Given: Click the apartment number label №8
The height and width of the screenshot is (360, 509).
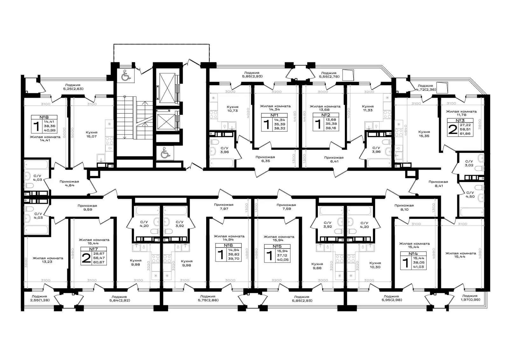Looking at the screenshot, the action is click(x=44, y=117).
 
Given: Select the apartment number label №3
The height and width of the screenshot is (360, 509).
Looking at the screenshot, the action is click(x=460, y=121).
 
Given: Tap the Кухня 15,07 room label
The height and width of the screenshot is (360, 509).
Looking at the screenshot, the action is click(x=92, y=134).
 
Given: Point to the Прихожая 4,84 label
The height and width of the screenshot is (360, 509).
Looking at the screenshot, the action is click(x=69, y=183).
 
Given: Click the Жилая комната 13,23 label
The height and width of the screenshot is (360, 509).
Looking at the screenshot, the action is click(x=48, y=260).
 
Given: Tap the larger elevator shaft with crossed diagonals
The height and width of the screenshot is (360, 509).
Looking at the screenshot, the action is click(x=167, y=88).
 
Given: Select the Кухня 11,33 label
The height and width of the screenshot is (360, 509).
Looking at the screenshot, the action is click(x=368, y=108).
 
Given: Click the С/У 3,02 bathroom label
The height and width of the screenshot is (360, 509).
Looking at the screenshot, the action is click(x=469, y=163).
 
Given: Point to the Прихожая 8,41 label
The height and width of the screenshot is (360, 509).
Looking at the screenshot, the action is click(x=438, y=184).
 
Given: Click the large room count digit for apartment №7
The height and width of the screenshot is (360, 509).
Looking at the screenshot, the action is click(x=86, y=258).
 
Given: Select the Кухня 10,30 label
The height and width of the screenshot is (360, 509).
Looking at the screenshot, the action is click(x=375, y=265).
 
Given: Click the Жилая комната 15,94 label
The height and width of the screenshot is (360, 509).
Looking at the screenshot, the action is click(x=279, y=238).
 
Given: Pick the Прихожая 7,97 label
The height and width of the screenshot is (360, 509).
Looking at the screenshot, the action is click(x=224, y=207).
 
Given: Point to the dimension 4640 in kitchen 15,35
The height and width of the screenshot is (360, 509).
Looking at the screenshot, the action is click(x=406, y=130).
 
